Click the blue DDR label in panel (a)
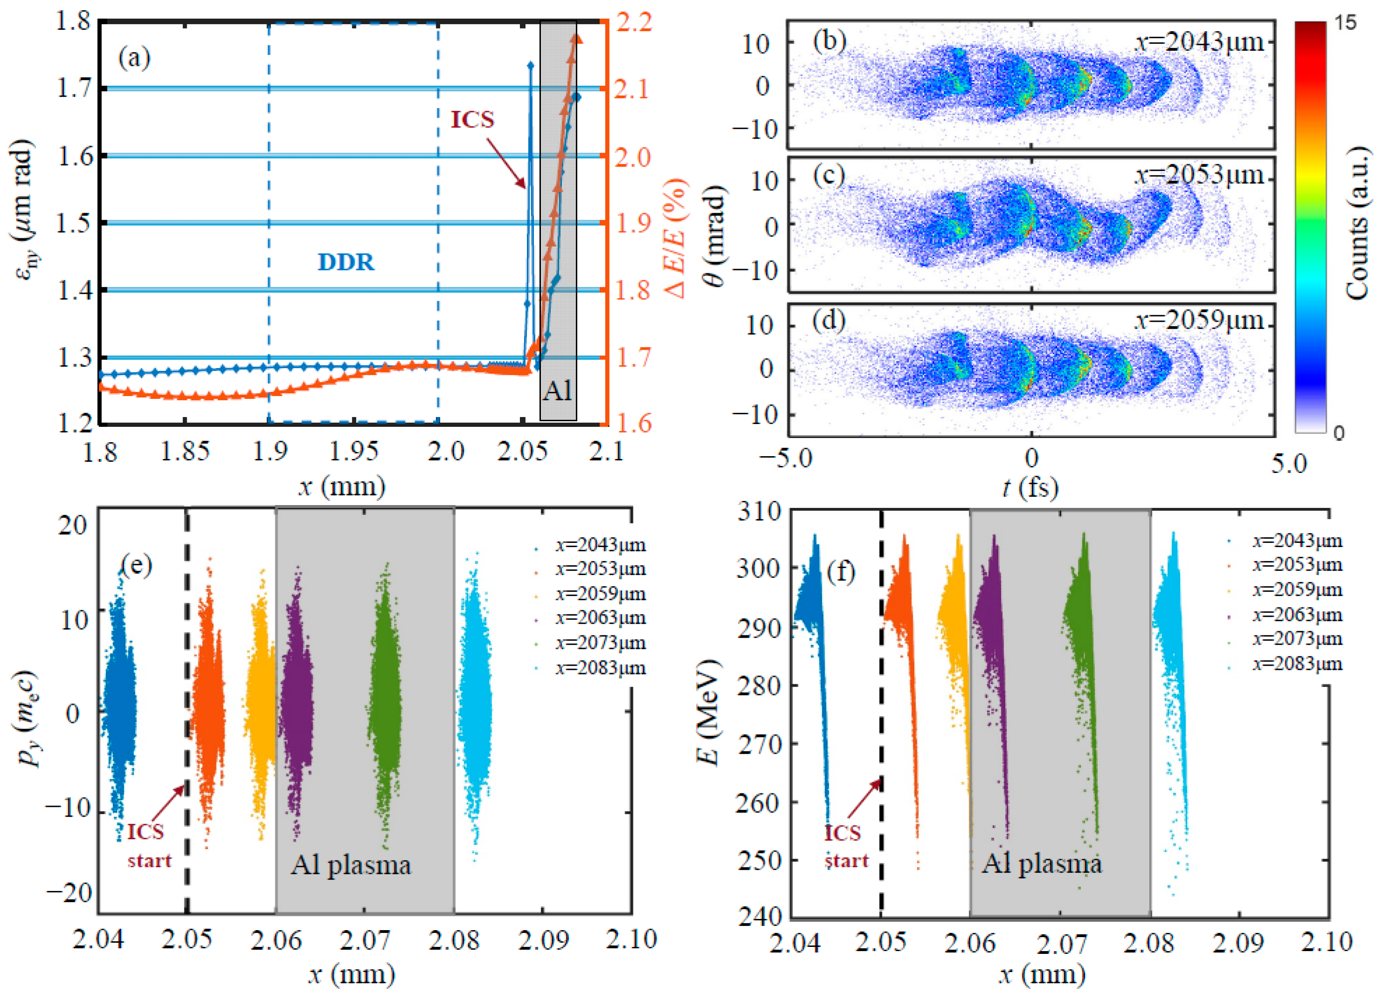pos(346,262)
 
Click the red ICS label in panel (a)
pos(472,119)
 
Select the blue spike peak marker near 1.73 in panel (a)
pos(530,65)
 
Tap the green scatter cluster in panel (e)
pos(385,700)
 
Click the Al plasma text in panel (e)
pos(350,864)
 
